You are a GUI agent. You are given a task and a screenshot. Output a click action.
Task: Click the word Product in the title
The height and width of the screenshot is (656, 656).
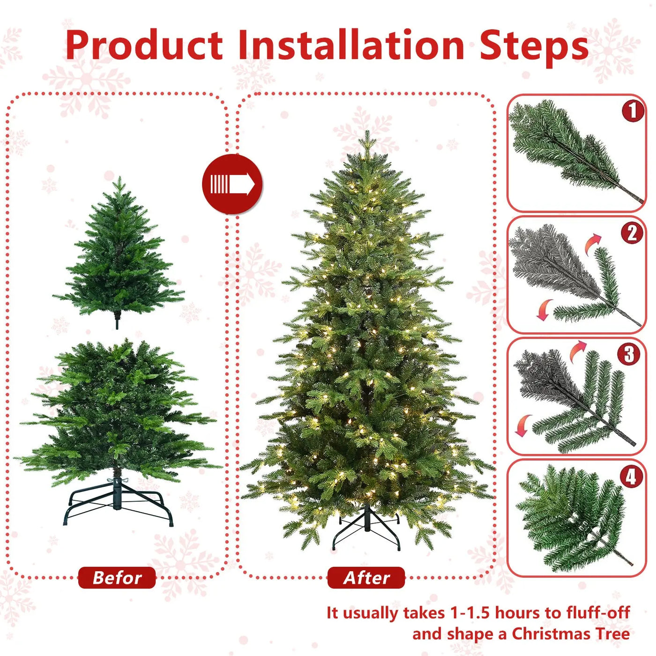click(x=144, y=45)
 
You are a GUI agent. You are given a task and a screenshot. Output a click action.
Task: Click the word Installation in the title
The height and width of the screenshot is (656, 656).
click(x=351, y=45)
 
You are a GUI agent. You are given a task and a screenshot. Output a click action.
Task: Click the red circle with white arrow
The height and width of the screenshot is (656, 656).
click(x=232, y=184)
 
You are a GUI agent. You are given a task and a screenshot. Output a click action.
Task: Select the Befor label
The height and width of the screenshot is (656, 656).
click(x=117, y=578)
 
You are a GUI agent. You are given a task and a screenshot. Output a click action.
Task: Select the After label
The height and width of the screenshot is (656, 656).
click(x=366, y=578)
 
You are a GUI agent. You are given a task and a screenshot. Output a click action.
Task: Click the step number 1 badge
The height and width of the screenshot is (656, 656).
click(x=633, y=111)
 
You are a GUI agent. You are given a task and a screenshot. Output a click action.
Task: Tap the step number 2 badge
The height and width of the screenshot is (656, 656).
click(x=632, y=233)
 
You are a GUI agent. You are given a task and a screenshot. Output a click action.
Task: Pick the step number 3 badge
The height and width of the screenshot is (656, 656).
click(x=628, y=354)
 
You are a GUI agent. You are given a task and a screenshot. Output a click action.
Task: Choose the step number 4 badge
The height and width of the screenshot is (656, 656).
click(x=631, y=477)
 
